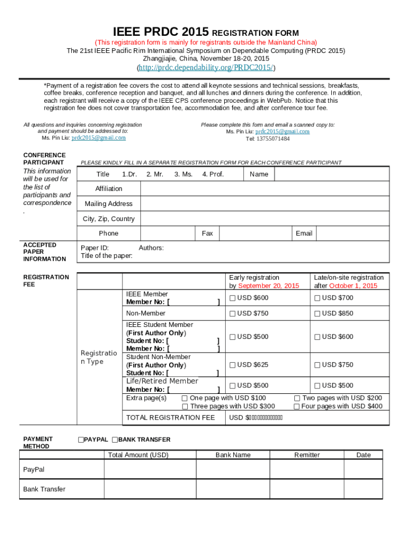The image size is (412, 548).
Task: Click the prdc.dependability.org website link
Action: click(x=206, y=68)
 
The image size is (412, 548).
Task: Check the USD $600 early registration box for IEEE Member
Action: click(x=233, y=298)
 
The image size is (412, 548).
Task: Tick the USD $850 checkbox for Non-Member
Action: click(x=317, y=314)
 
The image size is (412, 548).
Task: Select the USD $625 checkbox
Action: click(x=233, y=365)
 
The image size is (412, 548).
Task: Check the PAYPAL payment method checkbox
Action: click(x=81, y=440)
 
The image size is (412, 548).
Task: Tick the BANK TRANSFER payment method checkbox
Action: click(x=115, y=440)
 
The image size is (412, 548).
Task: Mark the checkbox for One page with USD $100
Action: click(x=185, y=398)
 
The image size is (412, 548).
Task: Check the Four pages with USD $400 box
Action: click(x=296, y=407)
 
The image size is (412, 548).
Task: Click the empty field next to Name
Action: click(x=331, y=174)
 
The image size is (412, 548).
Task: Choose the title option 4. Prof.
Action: click(x=213, y=174)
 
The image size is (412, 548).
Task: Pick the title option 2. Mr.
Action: click(x=155, y=174)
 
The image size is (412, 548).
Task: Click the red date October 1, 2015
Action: click(x=353, y=286)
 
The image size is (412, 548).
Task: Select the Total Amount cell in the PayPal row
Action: click(x=150, y=469)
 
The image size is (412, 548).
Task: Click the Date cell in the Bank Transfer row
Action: click(x=363, y=489)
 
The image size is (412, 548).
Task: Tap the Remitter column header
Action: click(x=307, y=455)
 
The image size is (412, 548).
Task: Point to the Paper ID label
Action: click(x=95, y=248)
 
